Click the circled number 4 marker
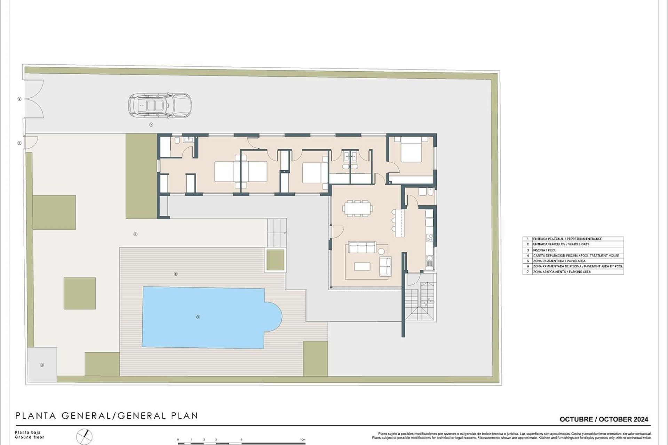pyautogui.click(x=42, y=365)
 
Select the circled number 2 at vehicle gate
pyautogui.click(x=19, y=99)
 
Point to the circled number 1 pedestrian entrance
pyautogui.click(x=19, y=143)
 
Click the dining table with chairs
pyautogui.click(x=357, y=208)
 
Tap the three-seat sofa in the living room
pyautogui.click(x=362, y=248)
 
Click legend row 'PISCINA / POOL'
pyautogui.click(x=573, y=250)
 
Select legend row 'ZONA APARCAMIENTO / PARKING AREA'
pyautogui.click(x=573, y=272)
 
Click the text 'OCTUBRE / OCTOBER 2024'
pyautogui.click(x=604, y=419)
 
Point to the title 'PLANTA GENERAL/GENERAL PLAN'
pyautogui.click(x=106, y=416)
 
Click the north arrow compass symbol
pyautogui.click(x=85, y=436)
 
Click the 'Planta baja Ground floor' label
pyautogui.click(x=29, y=435)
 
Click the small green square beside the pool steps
pyautogui.click(x=275, y=260)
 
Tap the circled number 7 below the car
pyautogui.click(x=151, y=124)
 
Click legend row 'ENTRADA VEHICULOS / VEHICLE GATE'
pyautogui.click(x=573, y=244)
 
